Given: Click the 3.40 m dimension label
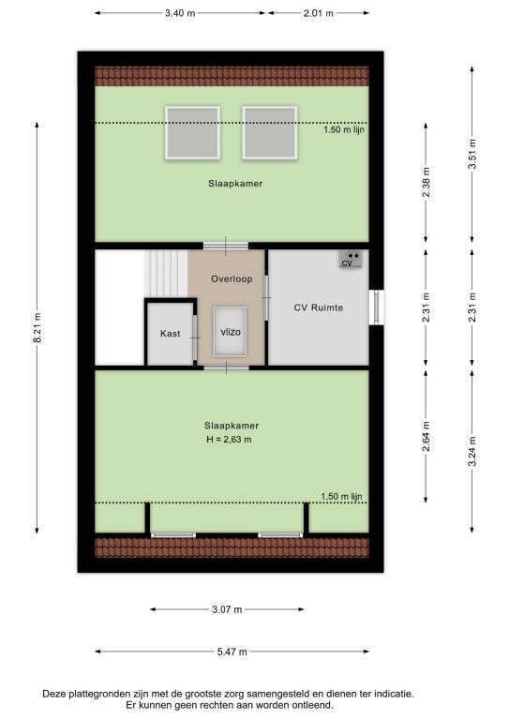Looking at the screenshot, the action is click(180, 13).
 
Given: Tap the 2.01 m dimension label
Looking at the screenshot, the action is click(318, 13).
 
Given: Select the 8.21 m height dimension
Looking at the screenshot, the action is click(37, 327).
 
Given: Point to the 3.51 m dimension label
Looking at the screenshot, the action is click(472, 154).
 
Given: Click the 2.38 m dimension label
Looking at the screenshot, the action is click(426, 182).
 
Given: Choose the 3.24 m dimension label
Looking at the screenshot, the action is click(472, 451).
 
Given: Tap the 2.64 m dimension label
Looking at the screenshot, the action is click(426, 436).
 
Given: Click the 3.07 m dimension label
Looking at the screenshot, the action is click(227, 609).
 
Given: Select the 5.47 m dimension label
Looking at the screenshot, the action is click(232, 652).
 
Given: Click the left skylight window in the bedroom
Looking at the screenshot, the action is click(192, 133).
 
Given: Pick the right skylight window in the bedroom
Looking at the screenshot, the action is click(270, 133).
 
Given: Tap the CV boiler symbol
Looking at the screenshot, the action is click(351, 260).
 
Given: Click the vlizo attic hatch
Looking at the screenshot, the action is click(230, 332).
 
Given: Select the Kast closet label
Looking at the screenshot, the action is click(170, 334).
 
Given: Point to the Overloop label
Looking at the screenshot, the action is click(232, 278).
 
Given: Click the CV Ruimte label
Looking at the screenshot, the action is click(318, 307).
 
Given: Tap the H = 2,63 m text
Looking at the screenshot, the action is click(229, 440).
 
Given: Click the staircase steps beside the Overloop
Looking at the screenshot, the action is click(166, 274).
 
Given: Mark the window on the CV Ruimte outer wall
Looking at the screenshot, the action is click(376, 307).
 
